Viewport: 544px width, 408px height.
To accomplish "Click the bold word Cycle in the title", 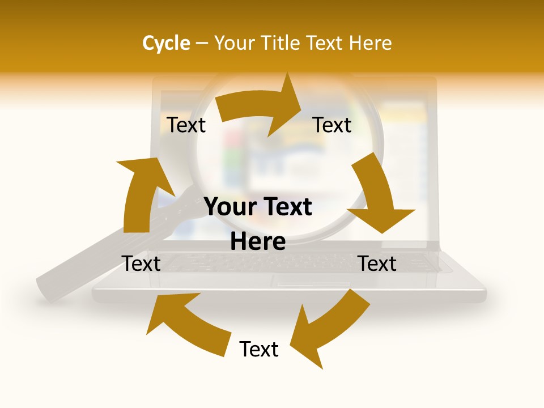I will tap(166, 43).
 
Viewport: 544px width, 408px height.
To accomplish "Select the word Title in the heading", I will tap(282, 43).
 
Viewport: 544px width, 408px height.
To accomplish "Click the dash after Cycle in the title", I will tap(202, 44).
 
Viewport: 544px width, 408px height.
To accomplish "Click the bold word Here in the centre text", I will tap(258, 242).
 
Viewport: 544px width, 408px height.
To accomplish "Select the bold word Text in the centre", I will tap(287, 207).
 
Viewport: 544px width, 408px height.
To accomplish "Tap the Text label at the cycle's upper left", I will tap(186, 125).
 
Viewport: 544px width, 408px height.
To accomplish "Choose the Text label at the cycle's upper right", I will tap(332, 125).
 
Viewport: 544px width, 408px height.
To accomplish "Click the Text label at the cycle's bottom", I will tap(259, 350).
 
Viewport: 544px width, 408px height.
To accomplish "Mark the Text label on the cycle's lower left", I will tap(141, 263).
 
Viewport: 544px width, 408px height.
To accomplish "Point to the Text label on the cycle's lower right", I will tap(377, 263).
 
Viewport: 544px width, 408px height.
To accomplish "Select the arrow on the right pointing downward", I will tap(377, 195).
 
